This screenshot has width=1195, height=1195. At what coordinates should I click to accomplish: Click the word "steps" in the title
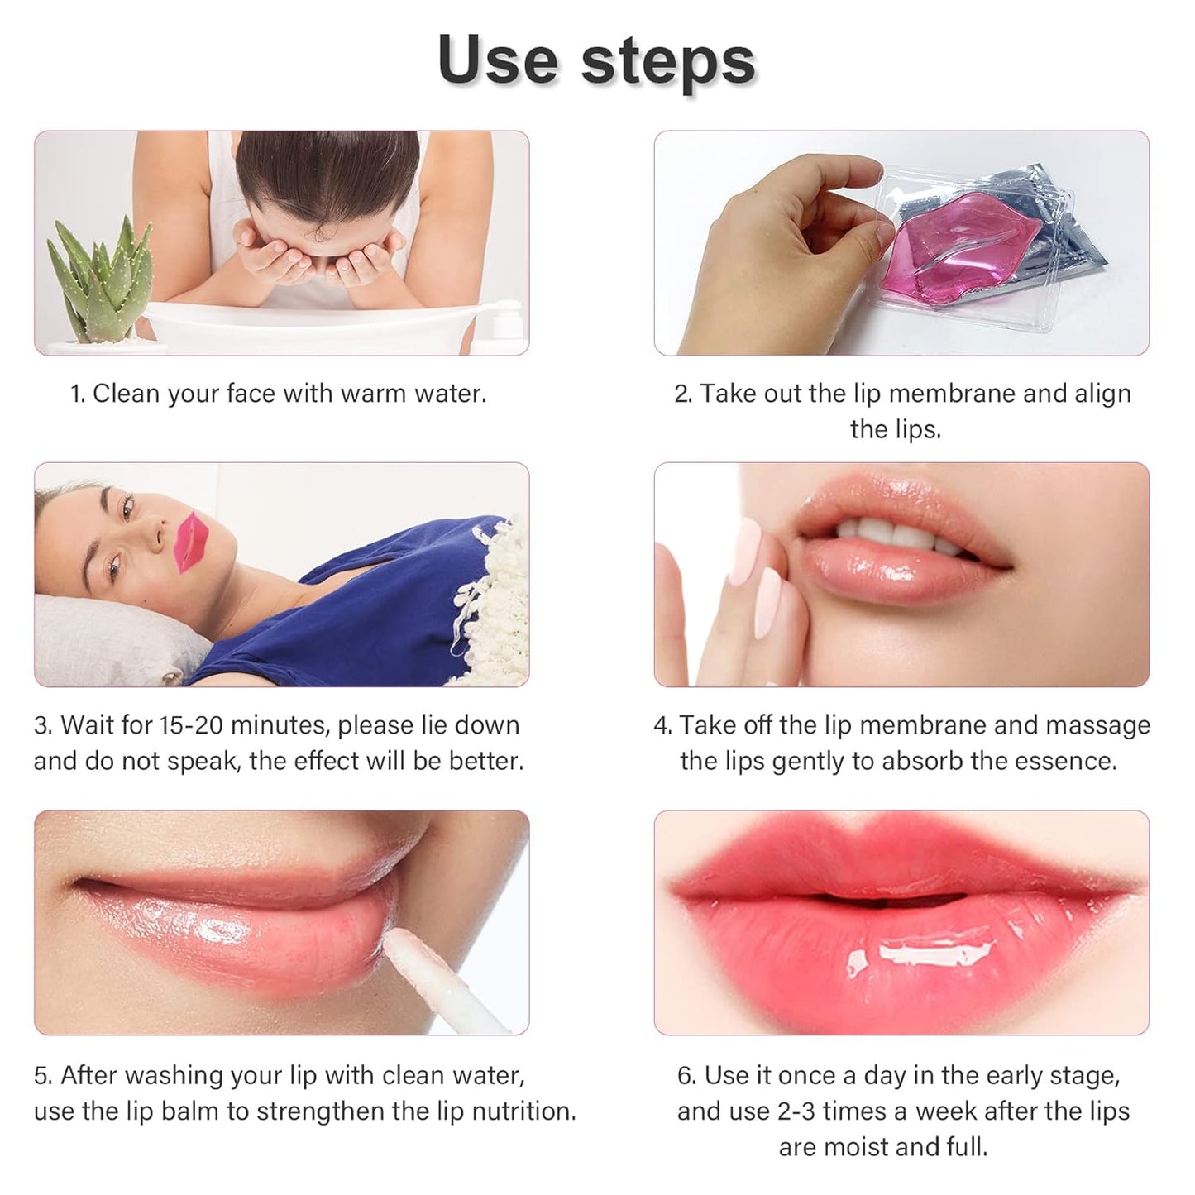tap(668, 63)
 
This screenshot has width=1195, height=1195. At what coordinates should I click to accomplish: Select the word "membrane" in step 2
tap(934, 394)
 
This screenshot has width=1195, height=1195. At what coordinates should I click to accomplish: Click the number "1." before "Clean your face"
tap(78, 394)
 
